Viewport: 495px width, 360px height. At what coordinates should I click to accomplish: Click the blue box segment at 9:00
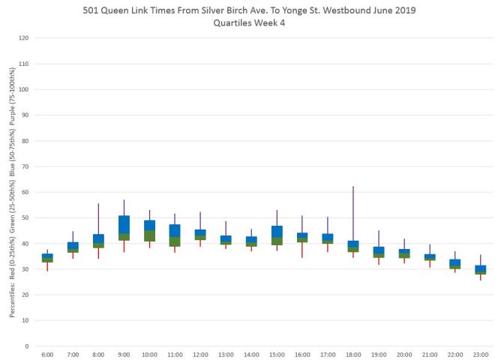tap(124, 224)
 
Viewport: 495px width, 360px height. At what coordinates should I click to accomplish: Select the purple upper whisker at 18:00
tap(353, 213)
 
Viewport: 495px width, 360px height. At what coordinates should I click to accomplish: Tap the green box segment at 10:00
tap(149, 236)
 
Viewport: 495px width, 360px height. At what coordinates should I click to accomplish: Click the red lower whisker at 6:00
tap(47, 266)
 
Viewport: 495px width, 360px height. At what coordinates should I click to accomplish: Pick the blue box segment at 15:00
tap(277, 231)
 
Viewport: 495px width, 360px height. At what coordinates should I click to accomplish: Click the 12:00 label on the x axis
tap(200, 354)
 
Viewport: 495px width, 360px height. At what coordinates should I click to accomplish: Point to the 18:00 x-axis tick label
tap(353, 354)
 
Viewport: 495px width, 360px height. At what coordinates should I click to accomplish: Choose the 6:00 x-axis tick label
tap(47, 354)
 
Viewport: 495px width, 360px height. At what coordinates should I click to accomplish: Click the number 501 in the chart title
tap(126, 10)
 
